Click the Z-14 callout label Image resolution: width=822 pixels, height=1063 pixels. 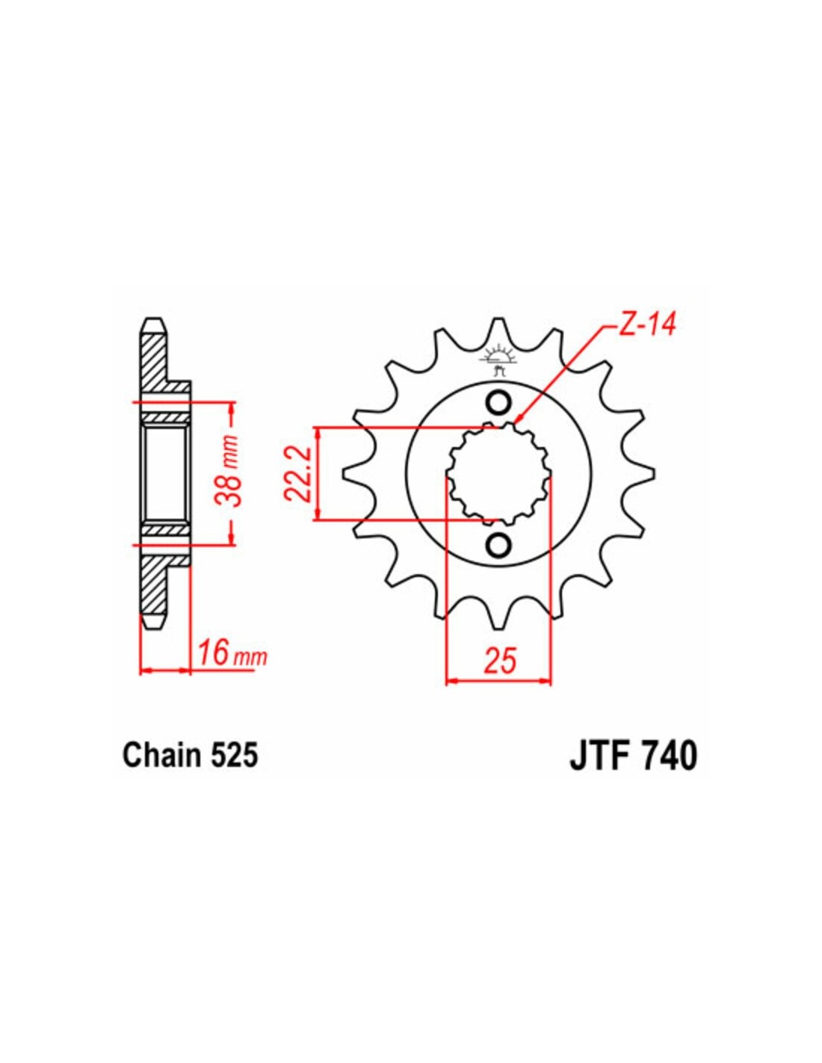click(x=643, y=325)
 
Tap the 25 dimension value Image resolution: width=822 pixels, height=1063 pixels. click(x=498, y=661)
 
